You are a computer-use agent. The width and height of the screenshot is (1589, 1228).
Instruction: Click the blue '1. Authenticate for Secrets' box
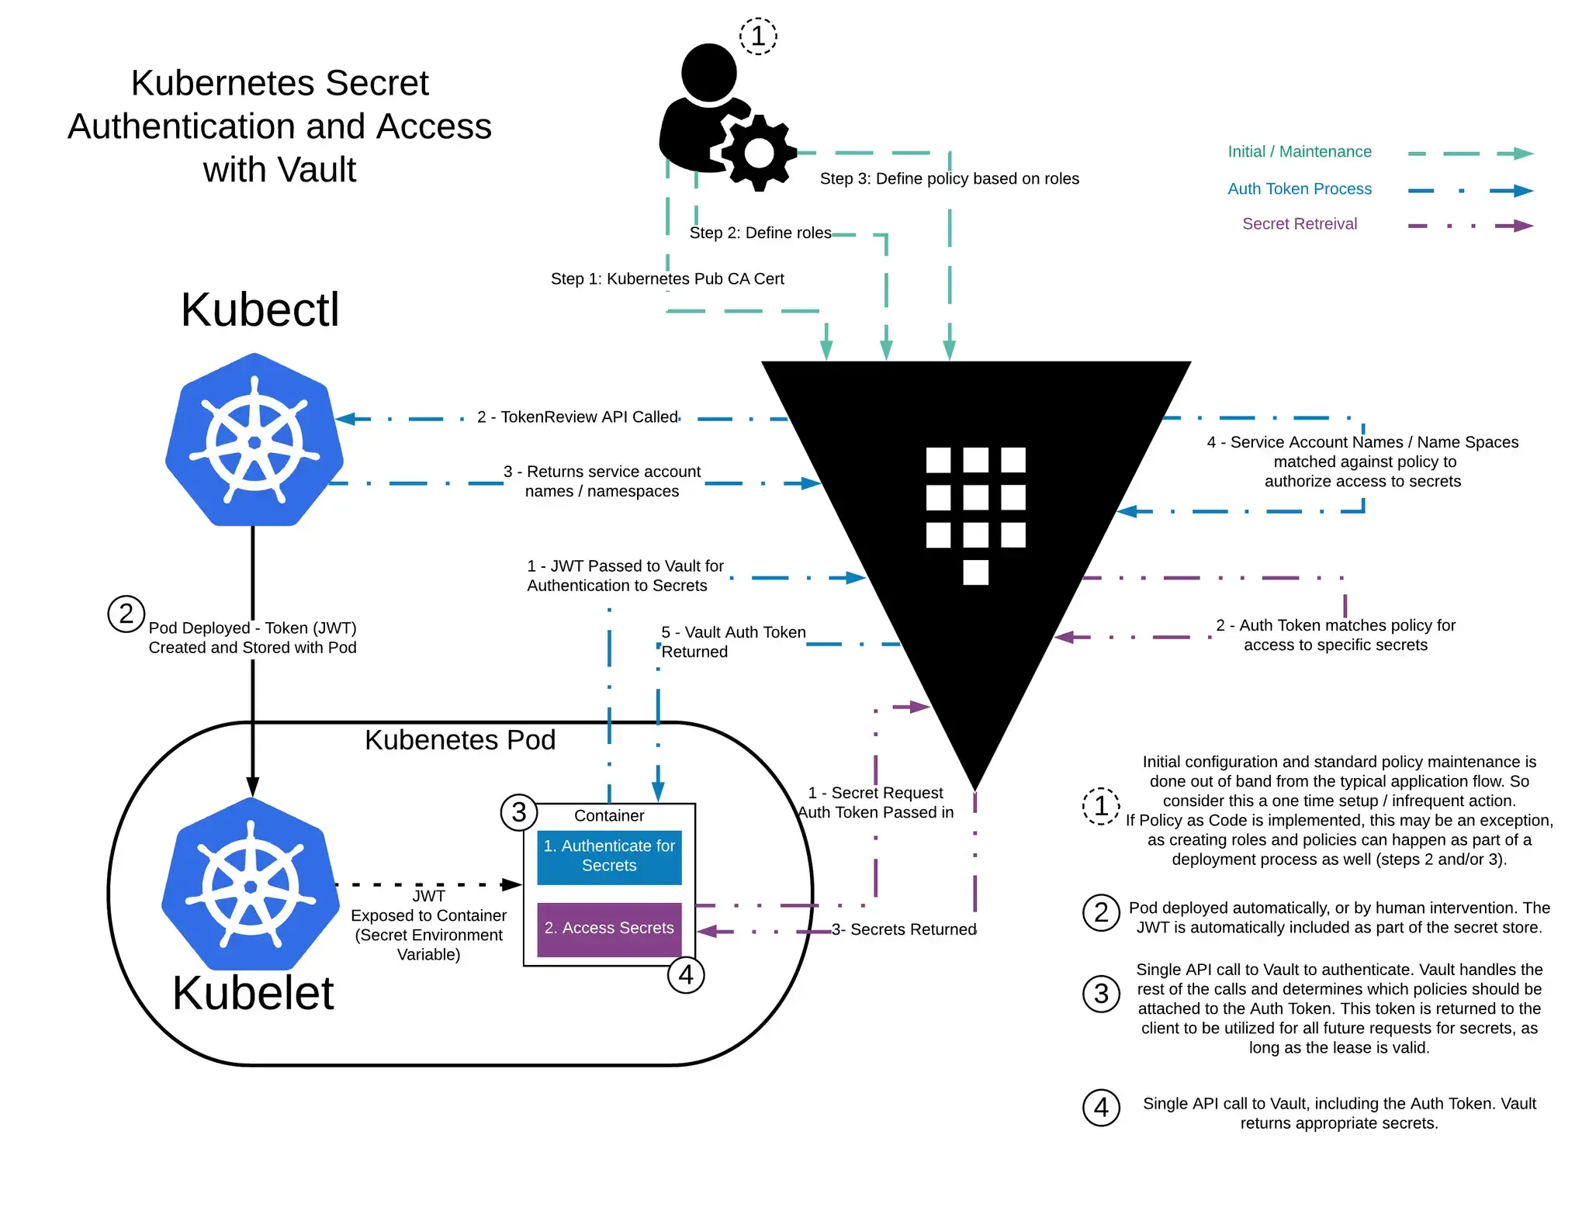(x=609, y=856)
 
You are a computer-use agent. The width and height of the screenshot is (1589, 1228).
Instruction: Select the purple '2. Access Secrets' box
(x=609, y=929)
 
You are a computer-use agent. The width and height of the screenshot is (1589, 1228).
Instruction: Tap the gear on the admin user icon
(x=759, y=153)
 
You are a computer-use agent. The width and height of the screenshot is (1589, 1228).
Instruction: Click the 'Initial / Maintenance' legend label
(x=1299, y=152)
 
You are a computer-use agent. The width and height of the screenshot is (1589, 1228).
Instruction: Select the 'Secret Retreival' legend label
(x=1299, y=224)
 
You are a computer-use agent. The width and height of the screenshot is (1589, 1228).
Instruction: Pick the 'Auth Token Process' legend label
(x=1299, y=189)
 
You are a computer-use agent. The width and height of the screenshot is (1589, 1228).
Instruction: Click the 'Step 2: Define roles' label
(x=760, y=233)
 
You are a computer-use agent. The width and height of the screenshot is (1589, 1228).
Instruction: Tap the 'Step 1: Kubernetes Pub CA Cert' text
(x=667, y=278)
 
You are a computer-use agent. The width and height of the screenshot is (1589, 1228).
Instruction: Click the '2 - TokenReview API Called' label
(x=577, y=417)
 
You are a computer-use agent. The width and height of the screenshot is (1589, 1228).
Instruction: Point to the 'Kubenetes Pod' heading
(x=460, y=740)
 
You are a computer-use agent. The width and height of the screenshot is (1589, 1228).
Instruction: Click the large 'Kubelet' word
(x=253, y=992)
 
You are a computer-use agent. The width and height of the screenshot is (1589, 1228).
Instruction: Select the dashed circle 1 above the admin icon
(x=758, y=36)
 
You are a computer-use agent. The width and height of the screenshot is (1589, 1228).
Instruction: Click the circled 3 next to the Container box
(x=519, y=812)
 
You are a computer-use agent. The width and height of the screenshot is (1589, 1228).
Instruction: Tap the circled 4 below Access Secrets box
(x=686, y=975)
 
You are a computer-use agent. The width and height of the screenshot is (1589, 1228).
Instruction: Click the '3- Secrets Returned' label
(x=904, y=929)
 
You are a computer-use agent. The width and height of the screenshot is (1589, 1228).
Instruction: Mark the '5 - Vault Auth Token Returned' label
(x=732, y=642)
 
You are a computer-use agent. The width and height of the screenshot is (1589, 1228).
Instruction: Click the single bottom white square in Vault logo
(x=975, y=572)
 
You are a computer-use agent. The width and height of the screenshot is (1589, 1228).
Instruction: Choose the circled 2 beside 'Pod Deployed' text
(x=126, y=614)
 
